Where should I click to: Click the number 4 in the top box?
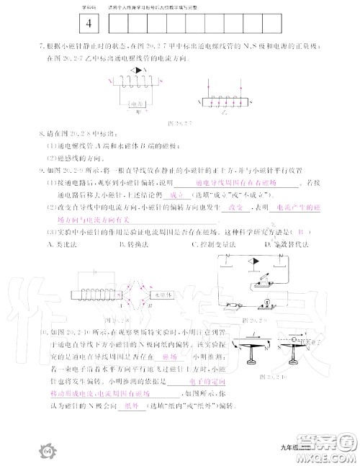[x=88, y=23]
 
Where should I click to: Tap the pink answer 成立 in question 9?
[x=172, y=194]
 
